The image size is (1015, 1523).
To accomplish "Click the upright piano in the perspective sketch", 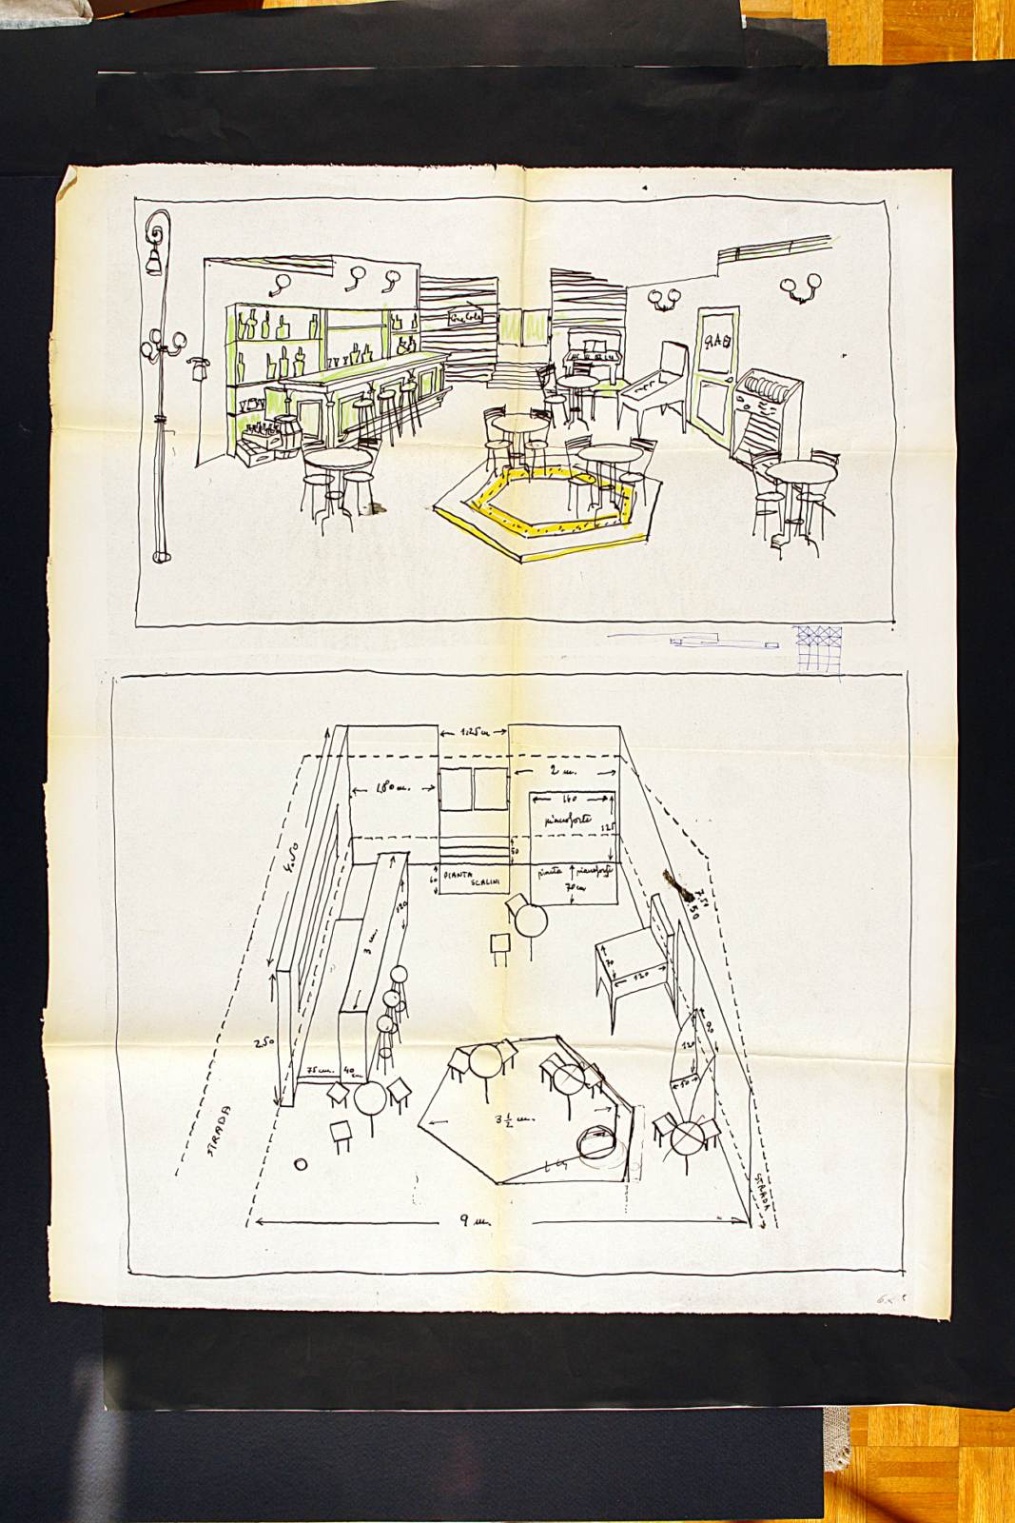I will point(586,354).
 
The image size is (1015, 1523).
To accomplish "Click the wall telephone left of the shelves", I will point(200,366).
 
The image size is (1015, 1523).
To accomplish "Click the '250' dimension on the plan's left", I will point(264,1043).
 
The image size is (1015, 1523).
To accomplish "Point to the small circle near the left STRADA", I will point(301,1163).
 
